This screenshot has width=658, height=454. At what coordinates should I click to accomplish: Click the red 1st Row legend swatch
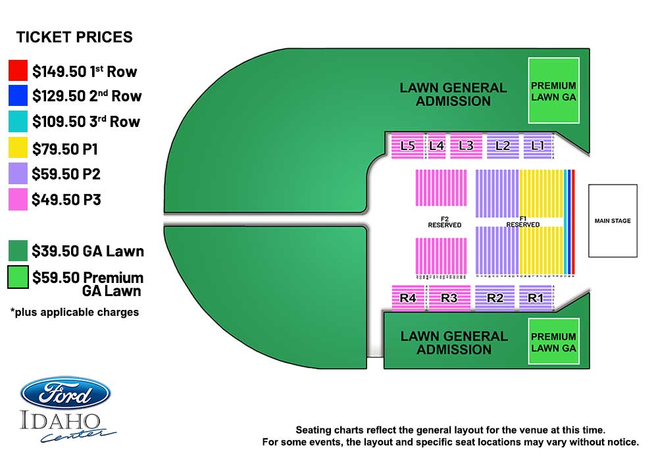click(x=18, y=70)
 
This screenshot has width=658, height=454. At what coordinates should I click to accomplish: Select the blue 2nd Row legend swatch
click(x=18, y=96)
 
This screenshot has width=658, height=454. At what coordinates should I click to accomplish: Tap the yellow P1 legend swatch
click(x=18, y=148)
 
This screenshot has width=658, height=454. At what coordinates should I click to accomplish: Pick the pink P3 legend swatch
click(x=18, y=199)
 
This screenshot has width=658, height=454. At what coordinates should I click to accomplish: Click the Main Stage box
click(x=613, y=220)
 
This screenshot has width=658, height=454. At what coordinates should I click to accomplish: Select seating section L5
click(x=407, y=146)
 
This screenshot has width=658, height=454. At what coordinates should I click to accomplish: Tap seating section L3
click(x=466, y=146)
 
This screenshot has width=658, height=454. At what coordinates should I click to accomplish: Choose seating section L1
click(x=538, y=146)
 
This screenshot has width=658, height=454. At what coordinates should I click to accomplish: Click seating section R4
click(x=408, y=298)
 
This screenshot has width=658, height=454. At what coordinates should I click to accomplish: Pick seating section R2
click(x=495, y=298)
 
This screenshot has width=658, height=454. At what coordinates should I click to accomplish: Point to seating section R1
click(x=536, y=298)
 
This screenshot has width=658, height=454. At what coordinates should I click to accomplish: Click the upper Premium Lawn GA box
click(x=553, y=90)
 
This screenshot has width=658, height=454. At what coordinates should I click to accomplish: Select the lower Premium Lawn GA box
click(x=553, y=342)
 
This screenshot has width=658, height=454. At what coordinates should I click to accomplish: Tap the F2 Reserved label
click(x=444, y=222)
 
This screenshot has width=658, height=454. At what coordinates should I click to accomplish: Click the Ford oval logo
click(x=65, y=393)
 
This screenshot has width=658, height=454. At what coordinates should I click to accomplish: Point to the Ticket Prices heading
click(x=74, y=38)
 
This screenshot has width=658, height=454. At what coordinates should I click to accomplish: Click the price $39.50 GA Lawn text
click(x=88, y=251)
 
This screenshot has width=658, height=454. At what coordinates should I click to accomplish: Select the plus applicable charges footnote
click(x=74, y=312)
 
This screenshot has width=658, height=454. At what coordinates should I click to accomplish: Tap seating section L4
click(x=437, y=146)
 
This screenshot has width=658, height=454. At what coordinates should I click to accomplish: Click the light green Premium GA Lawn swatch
click(x=18, y=277)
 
